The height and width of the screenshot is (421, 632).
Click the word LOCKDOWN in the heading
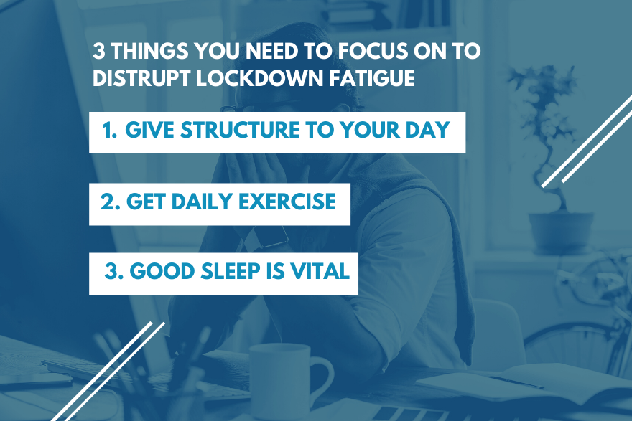[259, 77]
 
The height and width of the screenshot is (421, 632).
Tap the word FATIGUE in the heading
[372, 77]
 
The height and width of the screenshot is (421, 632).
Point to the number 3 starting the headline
[99, 51]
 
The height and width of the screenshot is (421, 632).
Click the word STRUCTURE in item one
[240, 130]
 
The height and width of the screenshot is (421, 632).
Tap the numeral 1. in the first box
[110, 130]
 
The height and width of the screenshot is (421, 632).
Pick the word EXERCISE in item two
[287, 202]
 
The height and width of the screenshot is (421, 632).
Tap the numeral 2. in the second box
[110, 202]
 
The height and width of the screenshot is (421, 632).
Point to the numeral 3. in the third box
[113, 271]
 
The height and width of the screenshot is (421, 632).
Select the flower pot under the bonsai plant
[561, 232]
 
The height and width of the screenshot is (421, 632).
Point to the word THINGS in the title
[149, 51]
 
